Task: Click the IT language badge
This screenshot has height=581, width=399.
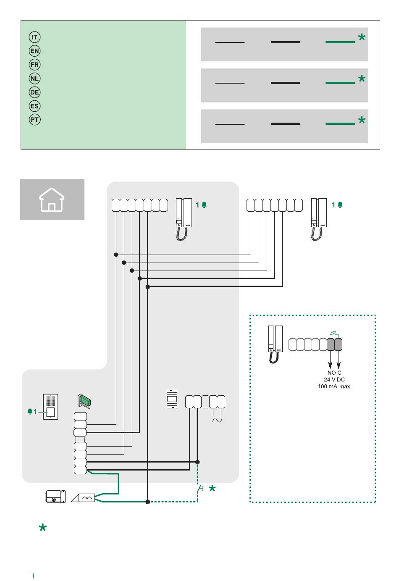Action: (34, 37)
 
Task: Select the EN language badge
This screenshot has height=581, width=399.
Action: (34, 51)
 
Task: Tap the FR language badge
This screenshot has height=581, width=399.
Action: (34, 65)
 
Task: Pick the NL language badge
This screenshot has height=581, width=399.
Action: (34, 79)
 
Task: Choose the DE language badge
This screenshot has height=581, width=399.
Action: (34, 92)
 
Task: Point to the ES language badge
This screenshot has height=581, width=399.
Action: (34, 106)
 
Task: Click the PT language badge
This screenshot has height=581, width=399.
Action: (34, 120)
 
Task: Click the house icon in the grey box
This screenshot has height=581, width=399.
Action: (52, 200)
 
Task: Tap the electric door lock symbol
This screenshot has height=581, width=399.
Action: (55, 496)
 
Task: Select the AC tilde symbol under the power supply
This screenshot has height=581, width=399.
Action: (218, 420)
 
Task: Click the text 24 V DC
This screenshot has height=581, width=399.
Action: (334, 379)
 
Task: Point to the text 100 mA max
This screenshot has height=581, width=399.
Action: (334, 386)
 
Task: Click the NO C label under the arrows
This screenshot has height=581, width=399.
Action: (334, 373)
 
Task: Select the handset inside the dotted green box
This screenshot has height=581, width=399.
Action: (275, 344)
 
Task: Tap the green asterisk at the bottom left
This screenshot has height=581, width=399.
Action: (42, 528)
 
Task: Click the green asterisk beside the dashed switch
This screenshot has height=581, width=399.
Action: (212, 489)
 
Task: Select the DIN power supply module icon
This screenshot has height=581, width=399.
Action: (172, 399)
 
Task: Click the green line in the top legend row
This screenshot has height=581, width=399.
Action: (340, 42)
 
